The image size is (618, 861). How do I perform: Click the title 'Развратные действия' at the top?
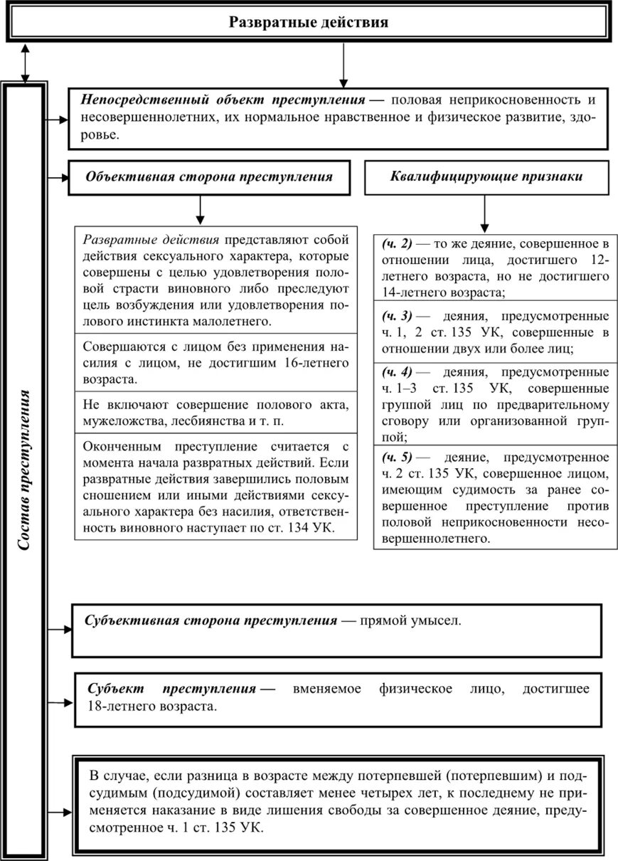(x=308, y=22)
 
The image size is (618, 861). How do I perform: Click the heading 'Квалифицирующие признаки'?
(x=486, y=176)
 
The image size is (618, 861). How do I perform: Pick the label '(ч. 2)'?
(x=397, y=243)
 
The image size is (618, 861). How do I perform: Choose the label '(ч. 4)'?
(x=397, y=372)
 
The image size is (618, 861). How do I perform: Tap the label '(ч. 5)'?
(x=397, y=457)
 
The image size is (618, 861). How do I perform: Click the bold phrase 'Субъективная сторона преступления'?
(x=211, y=620)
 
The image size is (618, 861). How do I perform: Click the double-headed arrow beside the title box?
(x=26, y=63)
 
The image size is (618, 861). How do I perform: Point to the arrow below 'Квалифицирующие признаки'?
(x=484, y=211)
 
